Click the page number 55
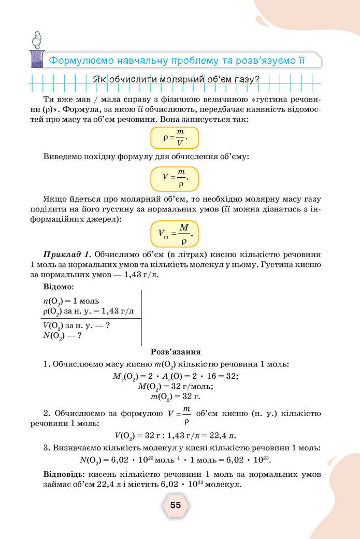tap(176, 505)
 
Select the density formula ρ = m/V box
tap(175, 138)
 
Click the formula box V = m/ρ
tap(175, 179)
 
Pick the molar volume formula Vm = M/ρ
tap(175, 234)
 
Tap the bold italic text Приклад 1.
tap(68, 254)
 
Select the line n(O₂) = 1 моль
tap(71, 301)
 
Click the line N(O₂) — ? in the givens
tap(63, 335)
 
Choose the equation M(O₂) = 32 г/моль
tap(176, 386)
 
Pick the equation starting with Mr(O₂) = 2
tap(175, 376)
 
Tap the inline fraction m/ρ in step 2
tap(186, 414)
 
